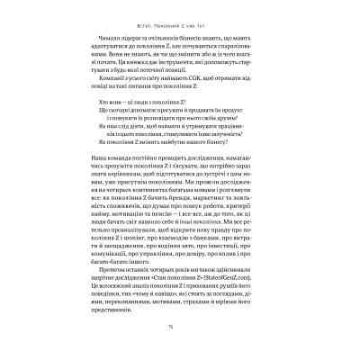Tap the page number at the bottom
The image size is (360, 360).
180,329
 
